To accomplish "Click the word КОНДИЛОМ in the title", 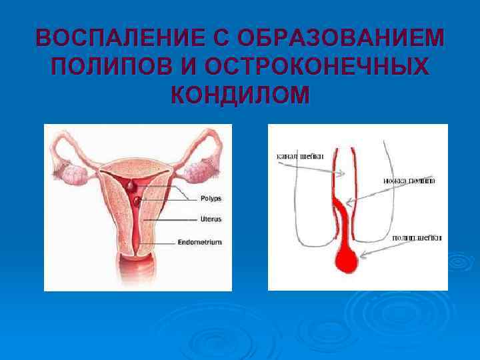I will (240, 96).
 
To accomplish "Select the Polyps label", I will (211, 198).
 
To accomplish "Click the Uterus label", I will (211, 219).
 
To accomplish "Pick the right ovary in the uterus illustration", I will (198, 172).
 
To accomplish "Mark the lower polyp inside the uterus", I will (137, 199).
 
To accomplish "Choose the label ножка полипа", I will (409, 180).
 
